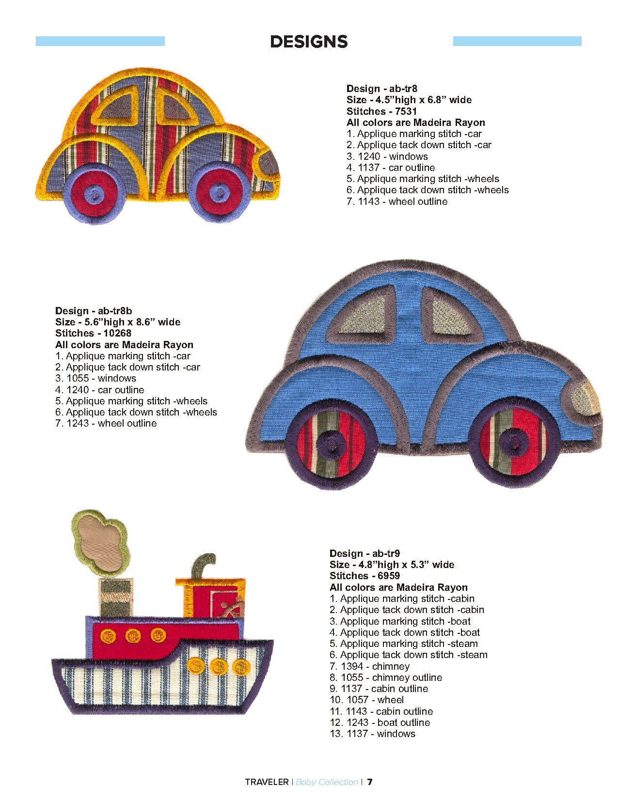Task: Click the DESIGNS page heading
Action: [x=309, y=42]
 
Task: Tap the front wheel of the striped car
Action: [x=221, y=193]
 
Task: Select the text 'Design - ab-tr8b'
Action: [x=94, y=311]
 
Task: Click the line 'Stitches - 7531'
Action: [x=381, y=111]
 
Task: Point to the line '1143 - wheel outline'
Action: [x=397, y=201]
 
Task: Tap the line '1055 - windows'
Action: [x=95, y=378]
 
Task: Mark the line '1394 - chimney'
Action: [x=369, y=666]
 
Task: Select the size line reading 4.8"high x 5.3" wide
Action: [x=392, y=565]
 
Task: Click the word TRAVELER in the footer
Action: [x=267, y=782]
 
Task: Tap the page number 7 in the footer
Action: [x=370, y=782]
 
